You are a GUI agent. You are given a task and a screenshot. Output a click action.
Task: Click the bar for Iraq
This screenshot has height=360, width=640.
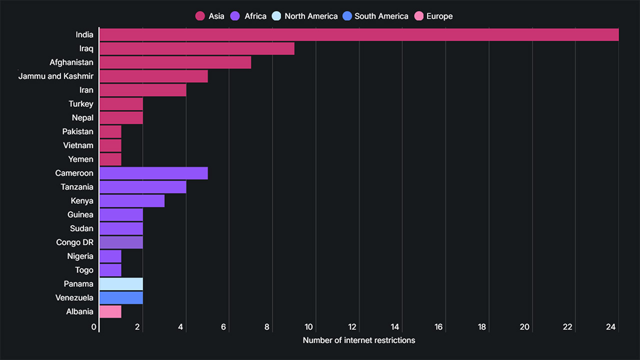196,48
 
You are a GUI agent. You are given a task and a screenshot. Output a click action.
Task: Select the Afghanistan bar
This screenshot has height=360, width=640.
175,62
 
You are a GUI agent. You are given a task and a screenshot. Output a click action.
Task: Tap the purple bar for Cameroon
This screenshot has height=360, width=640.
153,173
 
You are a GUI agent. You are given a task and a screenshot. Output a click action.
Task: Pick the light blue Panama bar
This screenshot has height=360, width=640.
121,284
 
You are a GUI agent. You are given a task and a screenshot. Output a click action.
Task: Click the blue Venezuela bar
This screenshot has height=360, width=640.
121,298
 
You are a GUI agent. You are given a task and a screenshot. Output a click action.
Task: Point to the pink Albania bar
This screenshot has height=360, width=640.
110,311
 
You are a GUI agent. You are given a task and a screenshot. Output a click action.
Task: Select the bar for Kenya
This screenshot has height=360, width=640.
132,201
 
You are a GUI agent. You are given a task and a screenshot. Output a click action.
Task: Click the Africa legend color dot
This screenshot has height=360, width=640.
235,16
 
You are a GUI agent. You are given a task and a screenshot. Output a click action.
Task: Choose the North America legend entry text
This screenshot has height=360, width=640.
311,16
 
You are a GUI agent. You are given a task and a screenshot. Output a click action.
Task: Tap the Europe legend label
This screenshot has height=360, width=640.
439,16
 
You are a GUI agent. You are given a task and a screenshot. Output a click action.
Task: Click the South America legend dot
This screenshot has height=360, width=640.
347,16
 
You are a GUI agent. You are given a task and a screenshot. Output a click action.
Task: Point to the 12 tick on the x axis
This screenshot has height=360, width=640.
352,327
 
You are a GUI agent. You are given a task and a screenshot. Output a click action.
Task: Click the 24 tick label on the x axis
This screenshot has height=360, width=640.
611,327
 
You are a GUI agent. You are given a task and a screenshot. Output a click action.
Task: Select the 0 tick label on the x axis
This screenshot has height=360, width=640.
94,327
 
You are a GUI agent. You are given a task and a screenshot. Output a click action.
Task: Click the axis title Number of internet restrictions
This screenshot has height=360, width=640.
358,340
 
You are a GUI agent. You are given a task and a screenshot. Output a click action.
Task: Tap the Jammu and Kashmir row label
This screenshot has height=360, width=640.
55,76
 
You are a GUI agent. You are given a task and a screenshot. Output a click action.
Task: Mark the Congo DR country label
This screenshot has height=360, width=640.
74,242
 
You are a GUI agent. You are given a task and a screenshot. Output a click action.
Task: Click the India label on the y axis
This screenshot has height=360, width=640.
84,34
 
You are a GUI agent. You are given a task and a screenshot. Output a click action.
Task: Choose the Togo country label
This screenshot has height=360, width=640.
84,270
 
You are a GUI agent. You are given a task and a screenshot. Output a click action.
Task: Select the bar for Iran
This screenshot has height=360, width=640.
142,90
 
